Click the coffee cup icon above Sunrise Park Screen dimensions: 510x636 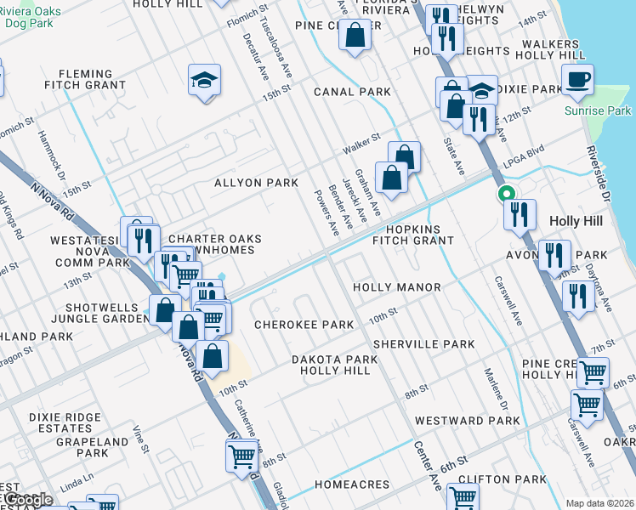[x=577, y=80]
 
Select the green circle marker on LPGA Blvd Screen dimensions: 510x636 [x=508, y=193]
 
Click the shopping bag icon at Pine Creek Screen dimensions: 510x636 [x=355, y=36]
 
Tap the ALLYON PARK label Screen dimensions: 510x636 [x=256, y=183]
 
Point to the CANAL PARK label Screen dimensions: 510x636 [x=352, y=92]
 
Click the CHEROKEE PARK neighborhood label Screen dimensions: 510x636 [x=304, y=325]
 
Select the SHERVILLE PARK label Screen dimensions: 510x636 [x=423, y=344]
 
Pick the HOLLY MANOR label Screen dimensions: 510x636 [x=396, y=287]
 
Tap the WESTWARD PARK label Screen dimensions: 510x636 [x=467, y=421]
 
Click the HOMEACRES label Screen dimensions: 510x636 [x=352, y=484]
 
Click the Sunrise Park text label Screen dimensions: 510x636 [x=599, y=111]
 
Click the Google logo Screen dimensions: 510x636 [x=27, y=500]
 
